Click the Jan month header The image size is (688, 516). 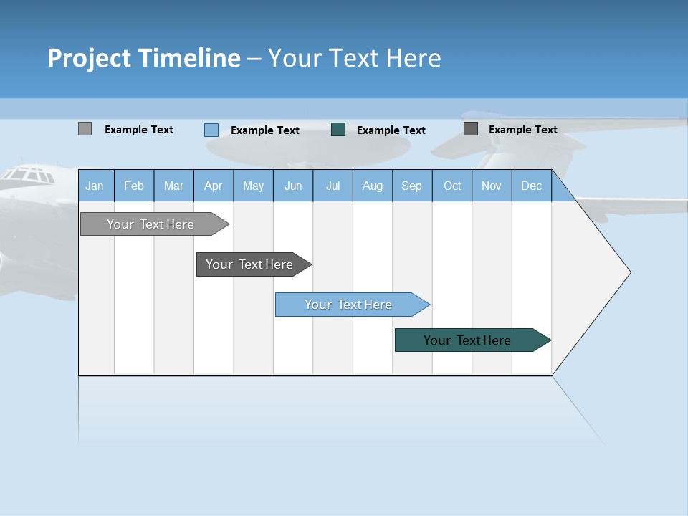tap(95, 186)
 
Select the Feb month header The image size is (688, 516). tap(134, 186)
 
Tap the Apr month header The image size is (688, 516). tap(213, 186)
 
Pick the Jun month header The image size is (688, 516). tap(293, 186)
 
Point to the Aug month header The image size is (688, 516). tap(372, 186)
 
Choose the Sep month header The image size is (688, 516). tap(411, 186)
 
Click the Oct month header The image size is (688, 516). tap(452, 186)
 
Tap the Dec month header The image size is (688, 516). tap(531, 186)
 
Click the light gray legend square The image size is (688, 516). tap(85, 129)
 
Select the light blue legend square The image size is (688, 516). tap(211, 130)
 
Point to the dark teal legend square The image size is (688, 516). tap(338, 130)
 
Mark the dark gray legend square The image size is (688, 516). tap(471, 129)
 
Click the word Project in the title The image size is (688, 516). tap(89, 58)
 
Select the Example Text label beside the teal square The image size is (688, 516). tap(391, 130)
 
